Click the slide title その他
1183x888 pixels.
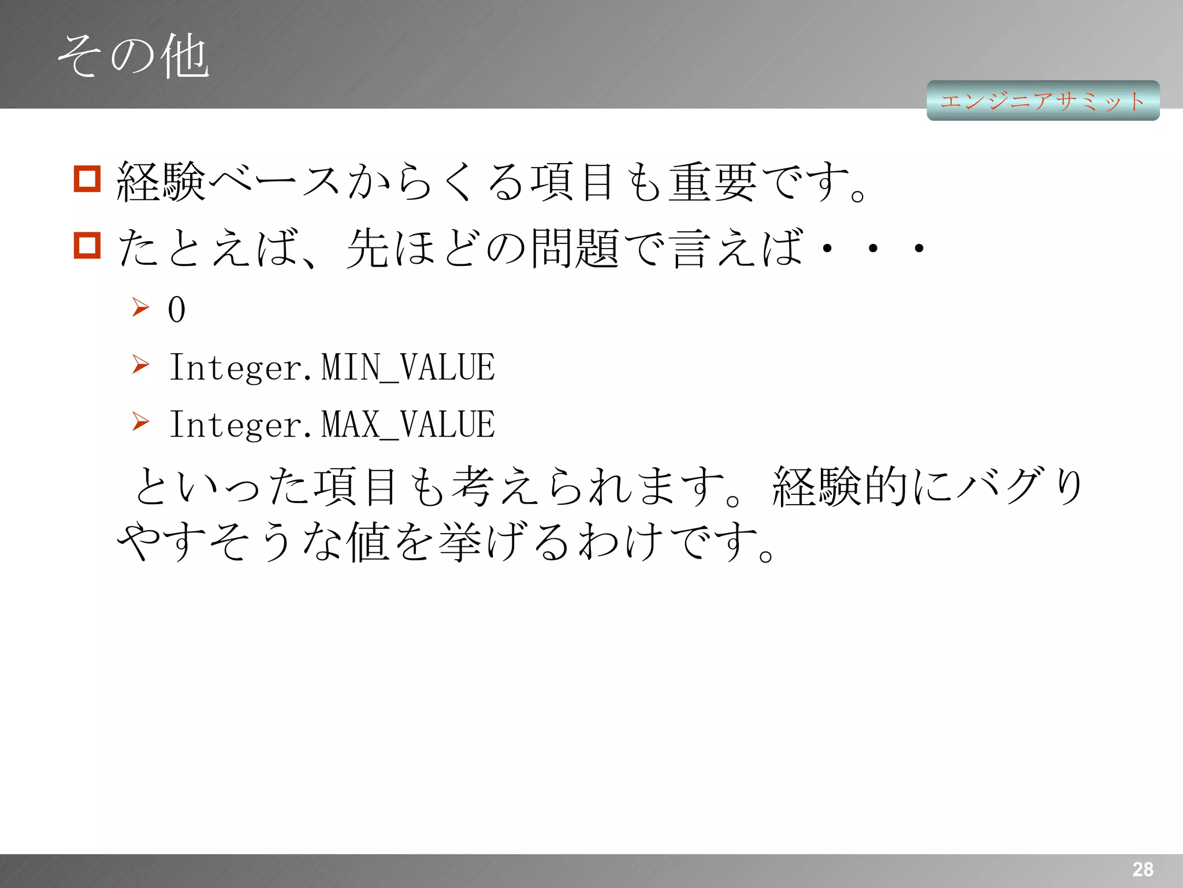[133, 56]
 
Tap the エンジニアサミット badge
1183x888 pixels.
[1043, 101]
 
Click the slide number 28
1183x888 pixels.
[1143, 869]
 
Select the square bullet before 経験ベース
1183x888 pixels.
[87, 179]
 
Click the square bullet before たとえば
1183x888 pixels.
[87, 245]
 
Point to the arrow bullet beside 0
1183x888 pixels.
[140, 307]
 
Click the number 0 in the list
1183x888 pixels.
[177, 309]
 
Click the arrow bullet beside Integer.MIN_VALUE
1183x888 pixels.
[140, 364]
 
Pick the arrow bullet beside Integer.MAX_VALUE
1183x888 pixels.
[140, 421]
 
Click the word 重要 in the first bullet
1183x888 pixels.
[712, 182]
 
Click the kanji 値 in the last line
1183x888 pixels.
[368, 542]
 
